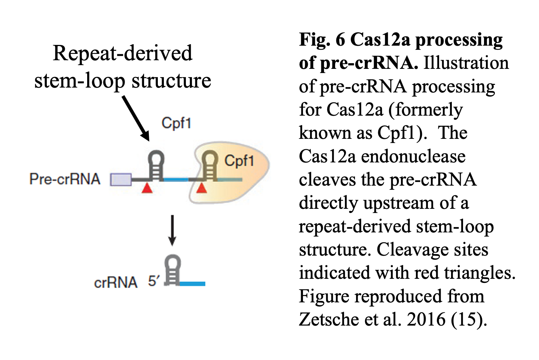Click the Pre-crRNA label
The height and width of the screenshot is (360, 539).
[65, 179]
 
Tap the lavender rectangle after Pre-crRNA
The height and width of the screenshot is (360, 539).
[121, 180]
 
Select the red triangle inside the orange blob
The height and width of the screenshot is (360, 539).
[202, 188]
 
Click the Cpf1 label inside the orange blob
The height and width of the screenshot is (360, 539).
[239, 161]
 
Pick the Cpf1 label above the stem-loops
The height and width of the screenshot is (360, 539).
[176, 123]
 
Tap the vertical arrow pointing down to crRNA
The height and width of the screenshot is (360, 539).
[172, 230]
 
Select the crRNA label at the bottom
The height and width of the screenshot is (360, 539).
[116, 283]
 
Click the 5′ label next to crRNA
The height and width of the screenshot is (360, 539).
[153, 281]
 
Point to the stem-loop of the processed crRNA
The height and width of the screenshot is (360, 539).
[172, 269]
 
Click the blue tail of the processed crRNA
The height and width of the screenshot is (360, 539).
[192, 284]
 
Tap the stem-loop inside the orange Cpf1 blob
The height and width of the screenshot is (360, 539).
[210, 165]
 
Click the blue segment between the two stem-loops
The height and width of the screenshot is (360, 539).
[176, 180]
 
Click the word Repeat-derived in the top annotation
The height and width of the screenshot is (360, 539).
[122, 53]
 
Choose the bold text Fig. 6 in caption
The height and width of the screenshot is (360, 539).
[322, 40]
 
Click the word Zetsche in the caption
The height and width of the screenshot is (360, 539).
[324, 319]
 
